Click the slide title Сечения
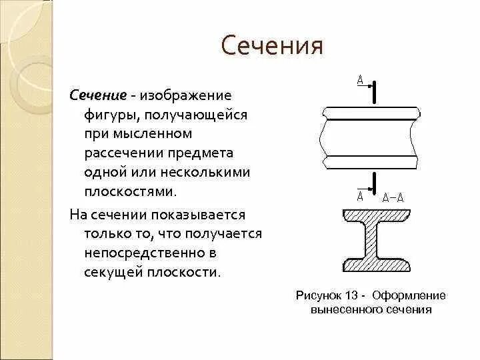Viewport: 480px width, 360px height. pos(271,47)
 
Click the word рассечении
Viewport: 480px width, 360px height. pos(119,153)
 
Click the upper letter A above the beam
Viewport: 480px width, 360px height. pos(360,81)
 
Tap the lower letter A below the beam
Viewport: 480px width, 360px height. pos(360,196)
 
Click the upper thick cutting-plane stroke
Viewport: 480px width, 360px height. pos(375,93)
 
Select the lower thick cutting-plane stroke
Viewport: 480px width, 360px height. pos(375,183)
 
